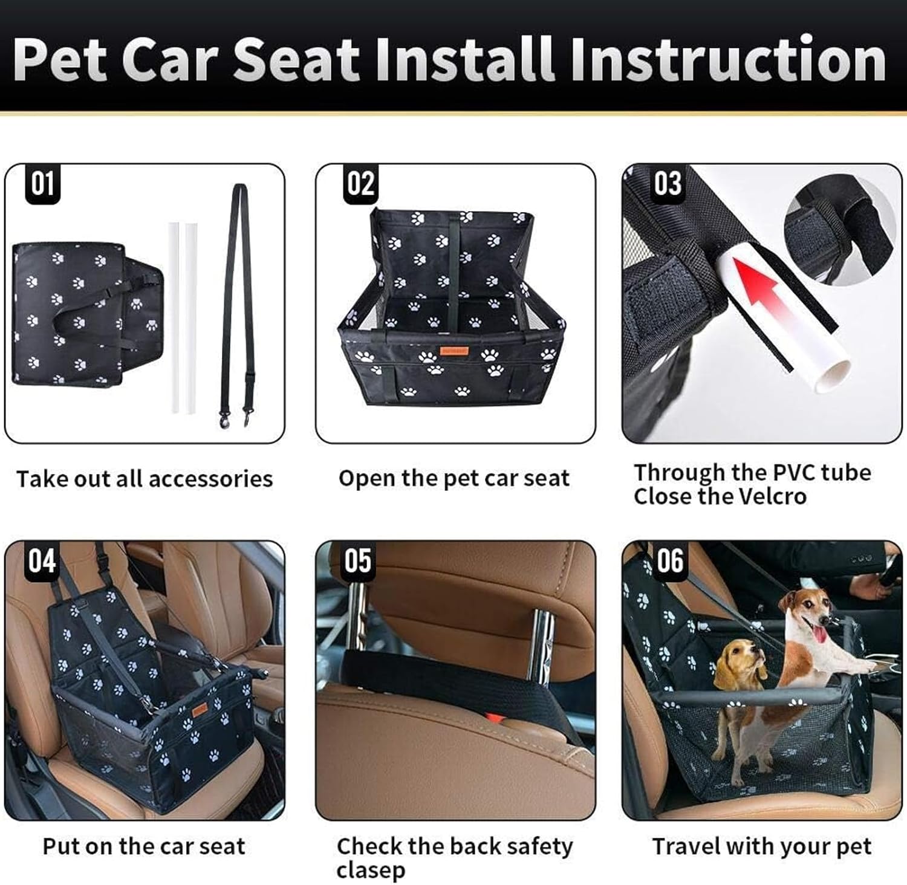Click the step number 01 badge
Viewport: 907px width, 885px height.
click(x=42, y=183)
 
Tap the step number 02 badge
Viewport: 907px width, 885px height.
click(x=360, y=183)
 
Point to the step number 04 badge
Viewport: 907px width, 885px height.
click(x=42, y=560)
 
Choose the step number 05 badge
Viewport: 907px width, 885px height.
click(x=358, y=560)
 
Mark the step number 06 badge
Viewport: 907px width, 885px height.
click(x=670, y=560)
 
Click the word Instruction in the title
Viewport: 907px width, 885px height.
click(x=728, y=60)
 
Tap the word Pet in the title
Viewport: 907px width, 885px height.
click(x=61, y=60)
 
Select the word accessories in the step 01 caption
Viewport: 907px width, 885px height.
click(x=210, y=479)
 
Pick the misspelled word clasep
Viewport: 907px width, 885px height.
click(x=371, y=870)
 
